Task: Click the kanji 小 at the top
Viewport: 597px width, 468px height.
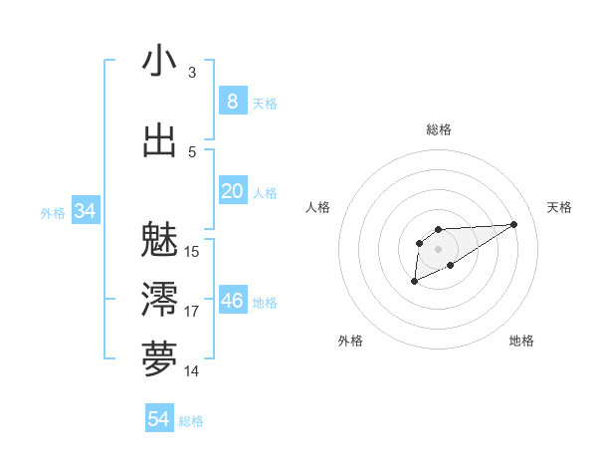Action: (159, 63)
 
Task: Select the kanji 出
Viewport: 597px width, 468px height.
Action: (159, 141)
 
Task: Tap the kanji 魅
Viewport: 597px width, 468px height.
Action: (159, 239)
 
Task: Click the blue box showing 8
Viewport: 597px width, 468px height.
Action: (232, 101)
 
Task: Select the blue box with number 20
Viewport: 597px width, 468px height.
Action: (232, 191)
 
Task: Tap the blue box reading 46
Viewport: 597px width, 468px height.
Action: (232, 301)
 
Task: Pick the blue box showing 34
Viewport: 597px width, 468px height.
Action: (85, 211)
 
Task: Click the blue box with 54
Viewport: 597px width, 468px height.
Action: (158, 419)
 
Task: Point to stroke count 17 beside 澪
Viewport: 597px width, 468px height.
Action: (192, 312)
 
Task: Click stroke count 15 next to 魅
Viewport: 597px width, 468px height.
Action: (192, 251)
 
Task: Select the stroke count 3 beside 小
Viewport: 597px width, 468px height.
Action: (191, 73)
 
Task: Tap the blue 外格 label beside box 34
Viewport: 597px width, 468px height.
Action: (53, 212)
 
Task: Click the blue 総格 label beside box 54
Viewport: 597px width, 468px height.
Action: (191, 421)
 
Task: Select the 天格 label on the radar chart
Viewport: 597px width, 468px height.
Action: (559, 207)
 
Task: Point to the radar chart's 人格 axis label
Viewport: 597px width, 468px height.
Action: (318, 207)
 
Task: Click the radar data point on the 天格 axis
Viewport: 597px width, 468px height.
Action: (514, 223)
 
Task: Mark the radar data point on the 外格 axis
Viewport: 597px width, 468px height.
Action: (414, 282)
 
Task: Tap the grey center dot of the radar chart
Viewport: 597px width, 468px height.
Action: (438, 248)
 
